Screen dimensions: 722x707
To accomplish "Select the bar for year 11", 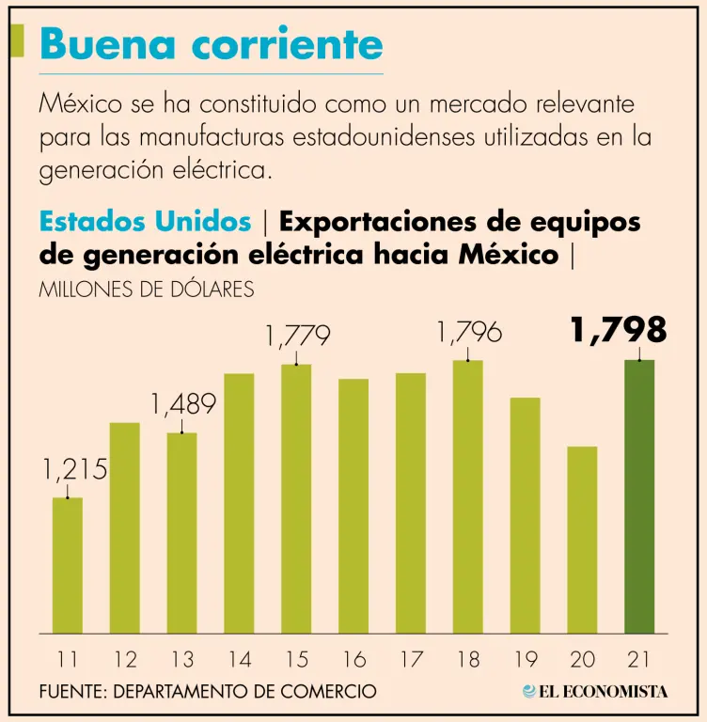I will (67, 564).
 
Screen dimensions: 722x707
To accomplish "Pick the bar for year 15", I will (296, 498).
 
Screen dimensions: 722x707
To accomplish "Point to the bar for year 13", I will (181, 532).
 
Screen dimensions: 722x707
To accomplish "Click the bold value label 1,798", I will (618, 330).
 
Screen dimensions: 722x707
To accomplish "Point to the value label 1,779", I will (297, 336).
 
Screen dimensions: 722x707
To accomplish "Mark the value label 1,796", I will (468, 332).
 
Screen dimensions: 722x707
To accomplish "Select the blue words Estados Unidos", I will (146, 222).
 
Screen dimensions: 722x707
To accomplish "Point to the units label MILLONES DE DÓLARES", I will (147, 290).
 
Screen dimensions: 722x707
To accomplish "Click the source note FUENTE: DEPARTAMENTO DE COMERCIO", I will (208, 691).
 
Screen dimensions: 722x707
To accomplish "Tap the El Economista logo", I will (595, 691).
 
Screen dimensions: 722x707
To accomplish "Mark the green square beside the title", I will (17, 41).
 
